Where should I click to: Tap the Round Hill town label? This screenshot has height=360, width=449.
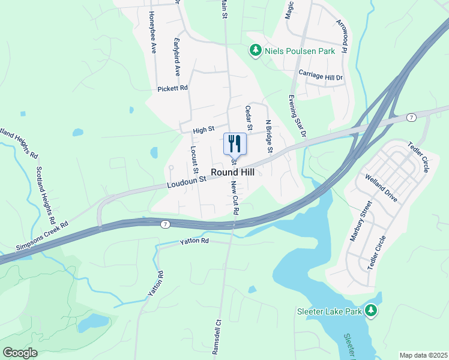tap(232, 172)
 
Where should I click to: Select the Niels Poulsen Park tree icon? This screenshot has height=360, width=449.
tap(255, 50)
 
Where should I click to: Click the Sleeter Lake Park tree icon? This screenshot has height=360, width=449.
tap(372, 310)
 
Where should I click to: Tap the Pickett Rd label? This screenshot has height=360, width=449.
tap(173, 88)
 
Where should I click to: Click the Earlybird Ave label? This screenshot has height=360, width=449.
tap(177, 57)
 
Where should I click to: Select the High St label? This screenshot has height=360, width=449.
tap(204, 130)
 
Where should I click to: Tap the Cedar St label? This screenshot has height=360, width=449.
tap(248, 118)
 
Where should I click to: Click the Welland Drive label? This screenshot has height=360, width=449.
tap(381, 189)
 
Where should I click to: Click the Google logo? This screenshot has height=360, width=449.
tap(20, 353)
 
